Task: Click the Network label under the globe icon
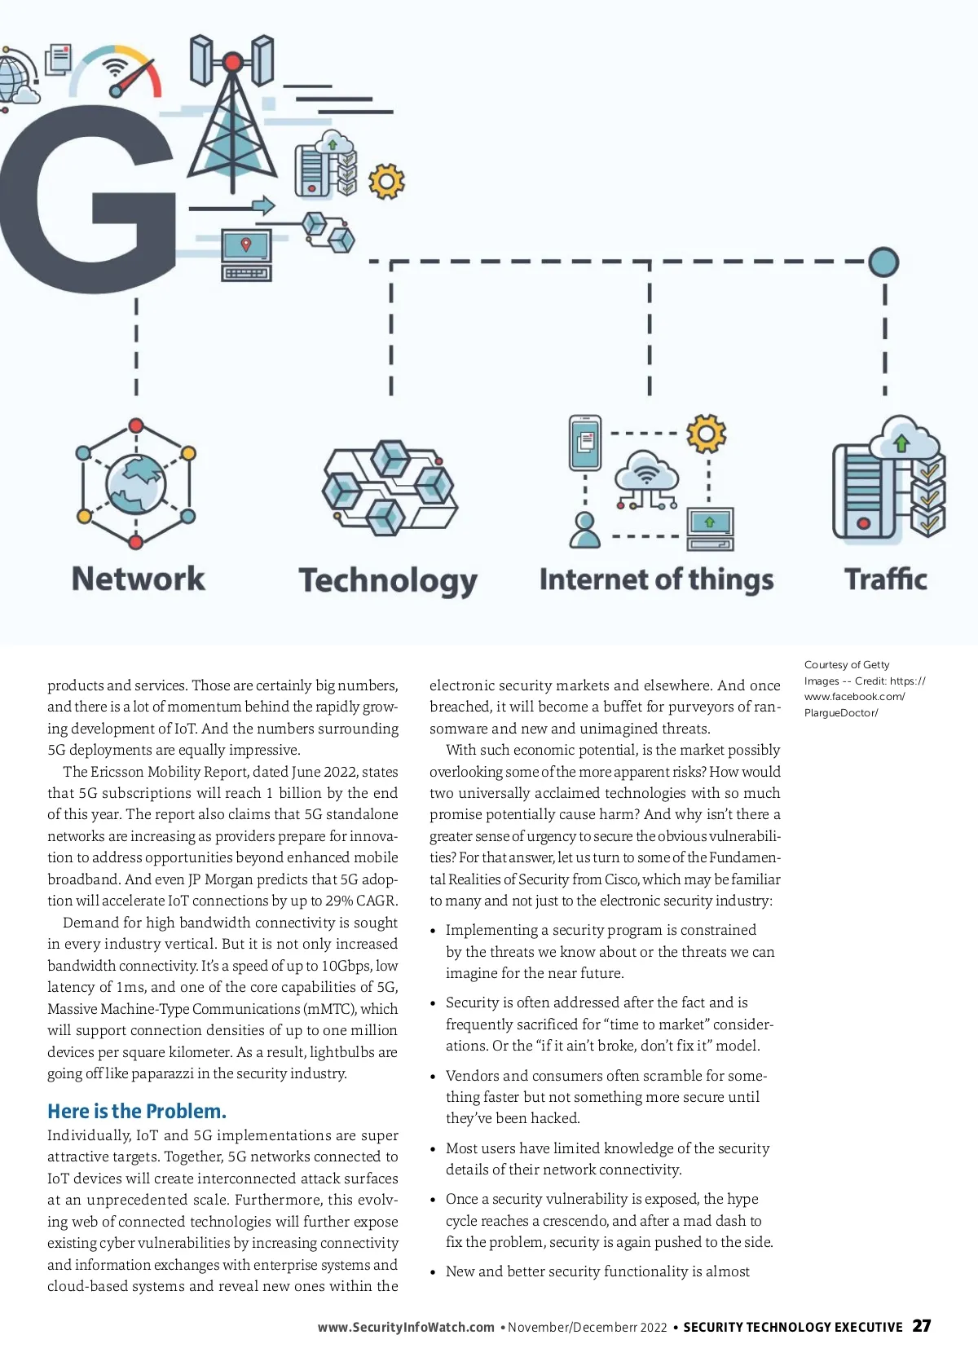point(138,579)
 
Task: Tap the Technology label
point(388,580)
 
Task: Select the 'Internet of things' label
point(656,579)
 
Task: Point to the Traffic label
point(886,579)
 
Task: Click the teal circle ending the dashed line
point(883,262)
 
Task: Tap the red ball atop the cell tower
point(232,62)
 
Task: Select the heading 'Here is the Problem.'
point(137,1111)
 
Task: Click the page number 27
point(922,1326)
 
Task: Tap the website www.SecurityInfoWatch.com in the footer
point(406,1327)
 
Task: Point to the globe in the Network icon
point(136,485)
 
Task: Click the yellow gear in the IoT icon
point(706,434)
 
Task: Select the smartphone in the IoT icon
point(585,443)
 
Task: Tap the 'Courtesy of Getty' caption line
point(847,665)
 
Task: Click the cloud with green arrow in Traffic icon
point(902,440)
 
